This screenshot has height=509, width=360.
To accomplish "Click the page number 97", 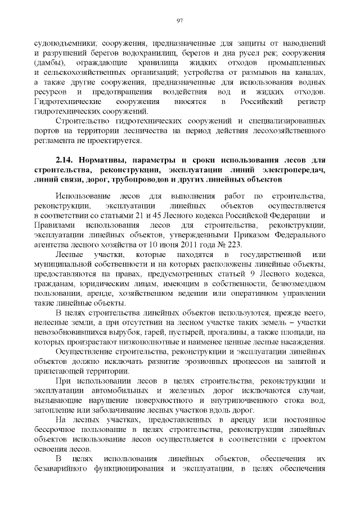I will point(180,21).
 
